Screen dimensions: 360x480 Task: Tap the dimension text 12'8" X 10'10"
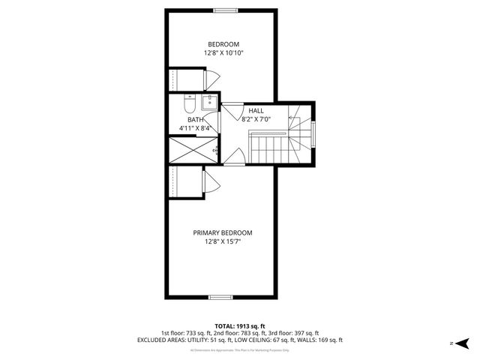pos(223,53)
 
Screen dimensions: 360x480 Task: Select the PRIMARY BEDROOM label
pos(223,232)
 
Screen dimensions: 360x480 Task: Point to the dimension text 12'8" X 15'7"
pos(223,241)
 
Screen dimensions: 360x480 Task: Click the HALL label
pos(256,110)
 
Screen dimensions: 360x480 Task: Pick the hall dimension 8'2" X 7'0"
pos(256,118)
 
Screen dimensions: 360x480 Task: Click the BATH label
pos(195,119)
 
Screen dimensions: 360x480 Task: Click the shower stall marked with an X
pos(190,149)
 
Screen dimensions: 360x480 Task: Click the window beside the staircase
pos(313,134)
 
